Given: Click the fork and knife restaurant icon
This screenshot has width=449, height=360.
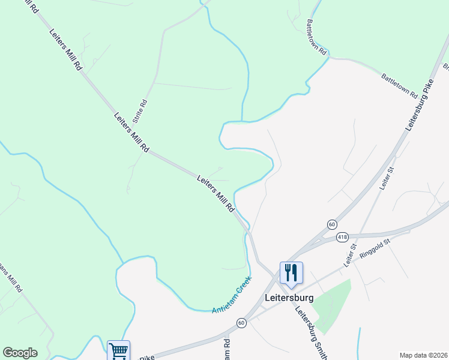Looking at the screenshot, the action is pyautogui.click(x=291, y=272).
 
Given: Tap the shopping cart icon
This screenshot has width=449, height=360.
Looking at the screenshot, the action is pyautogui.click(x=119, y=350).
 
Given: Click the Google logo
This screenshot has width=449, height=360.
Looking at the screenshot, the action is pyautogui.click(x=20, y=353).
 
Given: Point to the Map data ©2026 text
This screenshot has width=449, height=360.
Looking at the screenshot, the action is pyautogui.click(x=423, y=355).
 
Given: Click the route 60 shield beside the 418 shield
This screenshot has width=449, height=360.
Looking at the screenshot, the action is pyautogui.click(x=332, y=224).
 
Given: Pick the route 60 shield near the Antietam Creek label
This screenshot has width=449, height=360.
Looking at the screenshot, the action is pyautogui.click(x=241, y=323).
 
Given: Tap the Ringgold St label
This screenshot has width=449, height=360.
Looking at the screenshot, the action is pyautogui.click(x=375, y=249).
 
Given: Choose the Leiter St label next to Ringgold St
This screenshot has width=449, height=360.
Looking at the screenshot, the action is pyautogui.click(x=350, y=255).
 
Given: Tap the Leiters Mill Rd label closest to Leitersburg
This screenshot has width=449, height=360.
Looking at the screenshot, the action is pyautogui.click(x=215, y=193).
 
